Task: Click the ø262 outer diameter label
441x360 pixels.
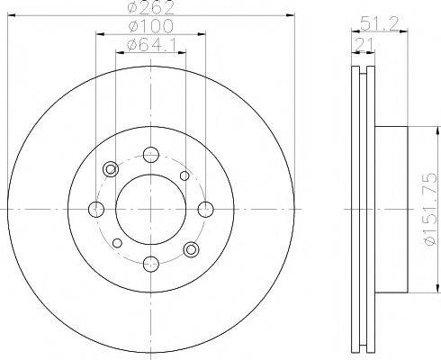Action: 150,7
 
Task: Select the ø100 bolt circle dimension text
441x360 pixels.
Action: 150,26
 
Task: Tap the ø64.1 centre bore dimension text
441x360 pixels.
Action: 150,45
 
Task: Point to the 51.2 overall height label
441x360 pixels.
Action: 379,23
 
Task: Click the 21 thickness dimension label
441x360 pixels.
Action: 364,45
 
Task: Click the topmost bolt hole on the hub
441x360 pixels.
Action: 151,155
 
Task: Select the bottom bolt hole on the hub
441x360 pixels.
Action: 151,264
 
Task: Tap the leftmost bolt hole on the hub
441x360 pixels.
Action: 96,209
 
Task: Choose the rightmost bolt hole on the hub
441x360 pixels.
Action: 206,209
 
